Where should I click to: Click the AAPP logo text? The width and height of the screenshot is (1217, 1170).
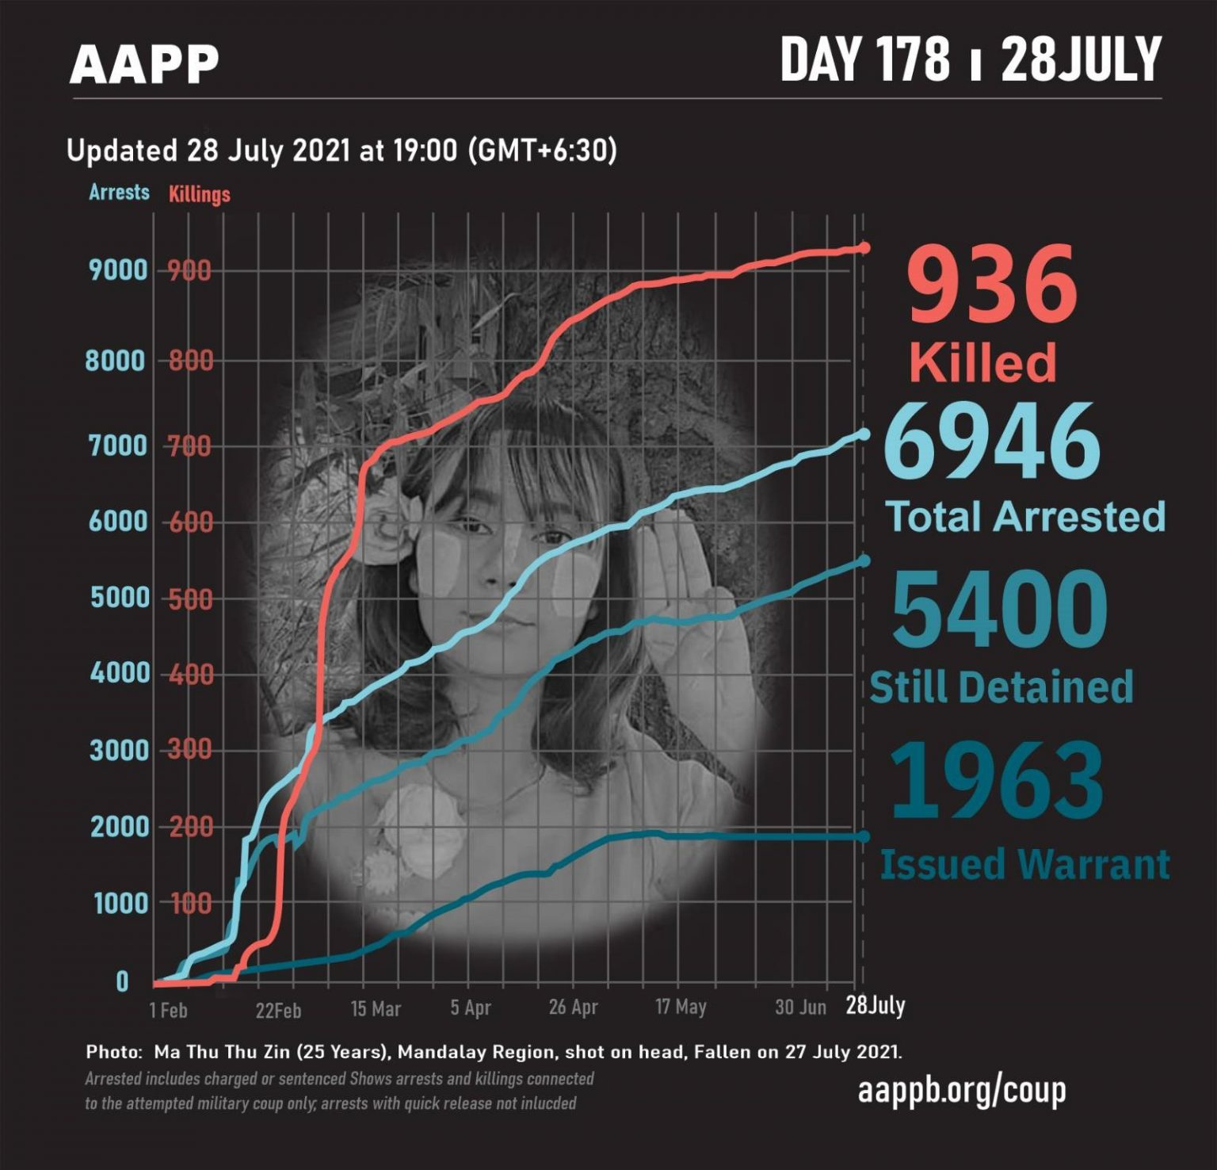pos(143,64)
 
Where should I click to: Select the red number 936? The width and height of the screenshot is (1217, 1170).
pos(992,284)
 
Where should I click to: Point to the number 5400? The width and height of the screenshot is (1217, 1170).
pos(1000,609)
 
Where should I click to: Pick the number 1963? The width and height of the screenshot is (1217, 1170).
pos(997,780)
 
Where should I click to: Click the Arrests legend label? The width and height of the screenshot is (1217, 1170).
pos(119,192)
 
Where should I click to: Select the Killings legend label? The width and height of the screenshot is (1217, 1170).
pos(199,194)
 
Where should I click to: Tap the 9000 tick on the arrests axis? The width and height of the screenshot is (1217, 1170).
pos(118,270)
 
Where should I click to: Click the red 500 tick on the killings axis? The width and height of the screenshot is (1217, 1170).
pos(190,598)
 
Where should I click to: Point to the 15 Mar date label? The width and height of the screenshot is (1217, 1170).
pos(376,1009)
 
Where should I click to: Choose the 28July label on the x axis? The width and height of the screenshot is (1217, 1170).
pos(875,1005)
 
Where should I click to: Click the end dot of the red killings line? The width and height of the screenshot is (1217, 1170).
pos(864,248)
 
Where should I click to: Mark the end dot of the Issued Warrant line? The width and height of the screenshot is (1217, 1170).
pos(864,836)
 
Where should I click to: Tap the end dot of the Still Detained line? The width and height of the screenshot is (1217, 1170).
pos(864,561)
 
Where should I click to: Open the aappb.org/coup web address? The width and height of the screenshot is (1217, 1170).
pos(962,1091)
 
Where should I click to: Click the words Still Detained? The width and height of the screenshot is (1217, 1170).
pos(1001,686)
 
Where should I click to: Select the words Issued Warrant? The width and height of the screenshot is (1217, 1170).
pos(1024,863)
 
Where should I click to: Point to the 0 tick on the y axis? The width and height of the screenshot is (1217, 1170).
pos(122,981)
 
